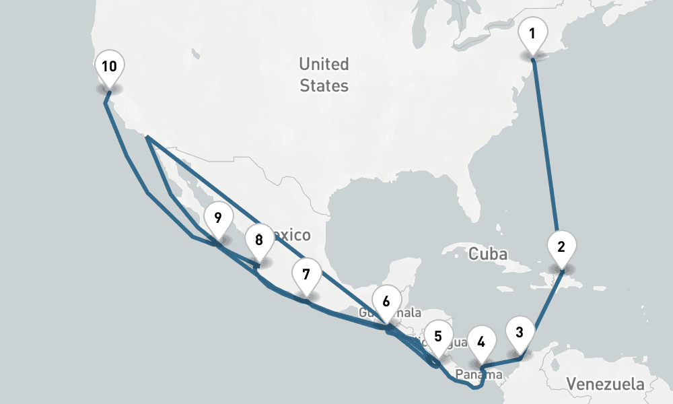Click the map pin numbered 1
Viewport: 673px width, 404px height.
[x=532, y=34]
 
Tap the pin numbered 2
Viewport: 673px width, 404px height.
[x=561, y=246]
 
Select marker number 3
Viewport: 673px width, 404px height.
[x=520, y=333]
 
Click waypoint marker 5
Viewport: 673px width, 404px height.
[x=438, y=336]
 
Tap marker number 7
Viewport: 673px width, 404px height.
[x=306, y=275]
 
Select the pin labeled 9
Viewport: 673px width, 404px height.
[x=217, y=219]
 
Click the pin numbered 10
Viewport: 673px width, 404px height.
[x=109, y=67]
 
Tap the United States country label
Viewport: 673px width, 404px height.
[x=324, y=75]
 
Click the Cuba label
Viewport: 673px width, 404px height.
[x=487, y=254]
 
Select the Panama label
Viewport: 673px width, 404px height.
[x=479, y=374]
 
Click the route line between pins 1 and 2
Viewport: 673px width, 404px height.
[x=546, y=148]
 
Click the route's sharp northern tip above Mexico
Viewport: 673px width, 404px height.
[x=147, y=137]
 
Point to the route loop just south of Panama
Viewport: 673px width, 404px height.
[x=475, y=386]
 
